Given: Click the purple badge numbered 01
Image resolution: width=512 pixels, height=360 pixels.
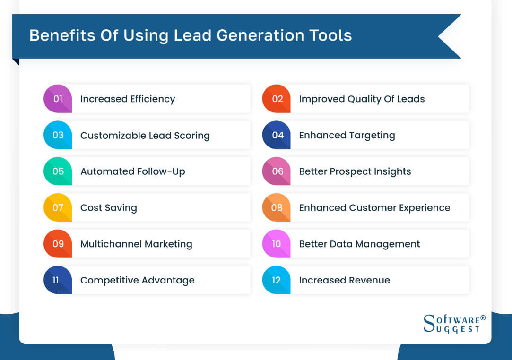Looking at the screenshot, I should [58, 99].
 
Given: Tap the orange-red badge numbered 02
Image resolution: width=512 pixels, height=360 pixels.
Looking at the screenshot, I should [277, 99].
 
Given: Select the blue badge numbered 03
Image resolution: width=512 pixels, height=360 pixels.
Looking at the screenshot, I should [58, 135].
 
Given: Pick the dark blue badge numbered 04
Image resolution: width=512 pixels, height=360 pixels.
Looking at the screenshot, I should [277, 135].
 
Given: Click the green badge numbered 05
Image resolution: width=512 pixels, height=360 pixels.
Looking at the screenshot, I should [58, 171].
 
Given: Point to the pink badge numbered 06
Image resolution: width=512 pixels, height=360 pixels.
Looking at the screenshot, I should [277, 171].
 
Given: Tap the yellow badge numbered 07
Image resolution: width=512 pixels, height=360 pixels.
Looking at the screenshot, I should [58, 207].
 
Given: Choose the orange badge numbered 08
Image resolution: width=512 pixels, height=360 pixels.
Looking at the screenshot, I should [277, 207].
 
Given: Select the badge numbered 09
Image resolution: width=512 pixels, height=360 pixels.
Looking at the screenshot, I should [58, 244].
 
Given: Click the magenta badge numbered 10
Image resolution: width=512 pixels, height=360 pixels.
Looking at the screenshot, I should [277, 244].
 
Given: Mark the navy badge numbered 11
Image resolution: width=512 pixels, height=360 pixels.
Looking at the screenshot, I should [57, 280].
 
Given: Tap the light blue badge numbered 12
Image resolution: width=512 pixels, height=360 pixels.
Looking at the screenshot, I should [277, 280].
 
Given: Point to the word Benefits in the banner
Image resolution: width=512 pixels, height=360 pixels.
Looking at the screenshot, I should [60, 36].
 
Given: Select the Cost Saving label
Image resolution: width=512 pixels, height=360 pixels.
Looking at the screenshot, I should [108, 208].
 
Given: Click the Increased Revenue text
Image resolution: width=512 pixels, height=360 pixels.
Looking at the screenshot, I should [344, 280].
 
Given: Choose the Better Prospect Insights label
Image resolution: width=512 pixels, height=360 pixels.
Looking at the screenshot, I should [355, 171].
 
